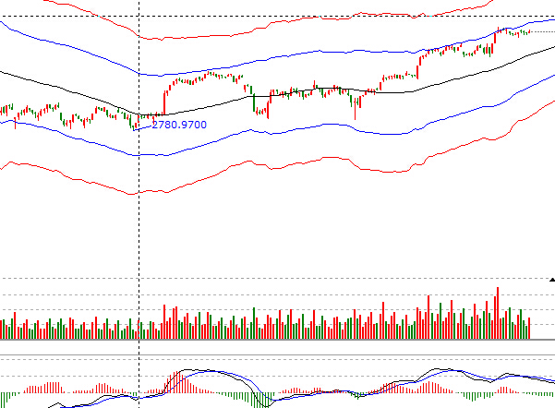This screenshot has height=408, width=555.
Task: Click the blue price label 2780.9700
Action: coord(179,124)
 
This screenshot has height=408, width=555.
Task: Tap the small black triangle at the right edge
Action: coord(551,278)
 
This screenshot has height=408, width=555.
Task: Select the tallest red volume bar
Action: coord(497,314)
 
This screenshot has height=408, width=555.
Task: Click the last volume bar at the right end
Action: coord(531,329)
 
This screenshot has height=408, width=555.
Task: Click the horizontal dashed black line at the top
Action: coord(277,18)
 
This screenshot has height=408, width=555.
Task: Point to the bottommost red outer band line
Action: coord(277,166)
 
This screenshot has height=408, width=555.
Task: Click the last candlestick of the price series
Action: coord(529,32)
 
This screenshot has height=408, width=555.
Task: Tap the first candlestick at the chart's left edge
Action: coord(2,111)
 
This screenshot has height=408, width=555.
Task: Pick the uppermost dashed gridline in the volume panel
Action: coord(277,278)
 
